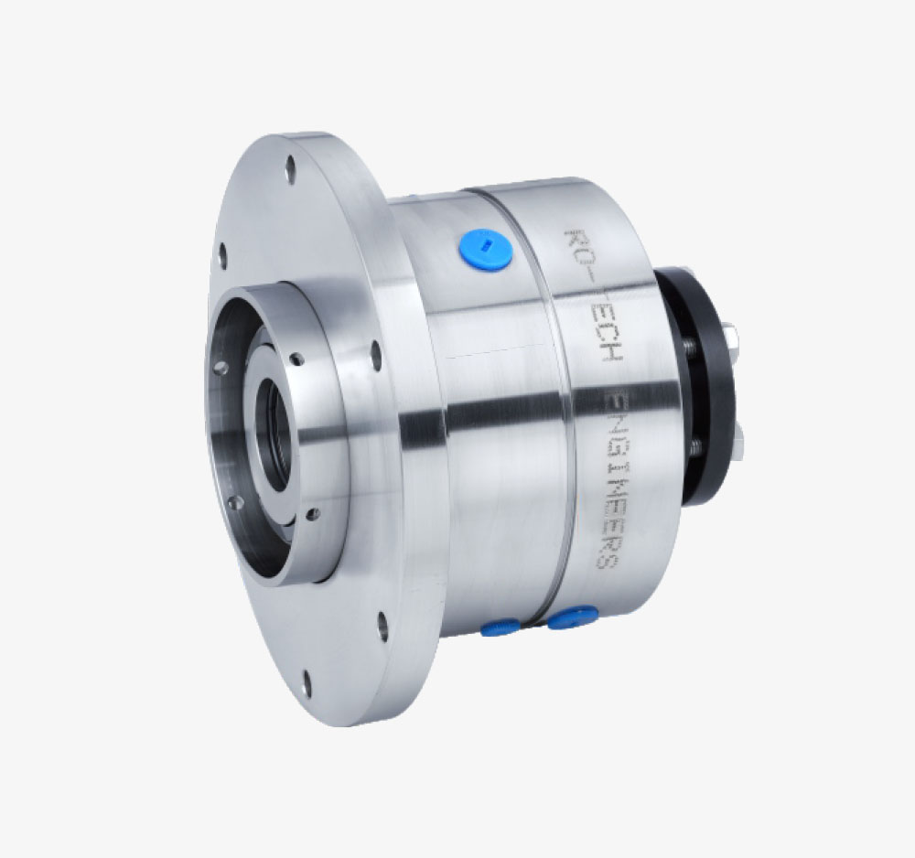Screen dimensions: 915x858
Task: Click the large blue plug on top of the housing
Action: tap(486, 249)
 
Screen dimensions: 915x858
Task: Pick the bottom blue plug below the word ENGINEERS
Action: tap(573, 617)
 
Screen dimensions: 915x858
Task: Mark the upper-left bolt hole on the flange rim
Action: tap(222, 255)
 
